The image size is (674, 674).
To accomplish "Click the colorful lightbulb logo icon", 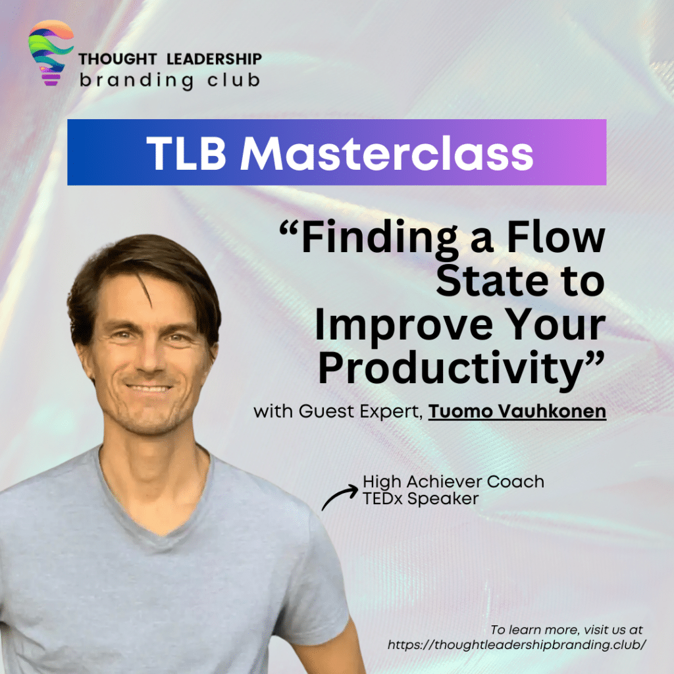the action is [x=51, y=53].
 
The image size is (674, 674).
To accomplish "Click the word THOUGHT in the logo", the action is [x=117, y=59].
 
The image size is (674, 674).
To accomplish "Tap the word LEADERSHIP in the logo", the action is [x=214, y=59].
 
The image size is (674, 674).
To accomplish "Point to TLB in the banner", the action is [x=186, y=153].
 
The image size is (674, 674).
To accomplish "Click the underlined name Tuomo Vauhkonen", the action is [x=517, y=411].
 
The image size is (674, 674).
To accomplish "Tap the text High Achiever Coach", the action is [x=454, y=481].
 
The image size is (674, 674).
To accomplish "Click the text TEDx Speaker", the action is [x=421, y=499].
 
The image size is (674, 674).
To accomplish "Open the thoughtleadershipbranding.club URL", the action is [x=517, y=644].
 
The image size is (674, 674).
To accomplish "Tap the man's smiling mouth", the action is [x=148, y=388].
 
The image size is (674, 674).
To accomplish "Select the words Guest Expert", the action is [x=359, y=411].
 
